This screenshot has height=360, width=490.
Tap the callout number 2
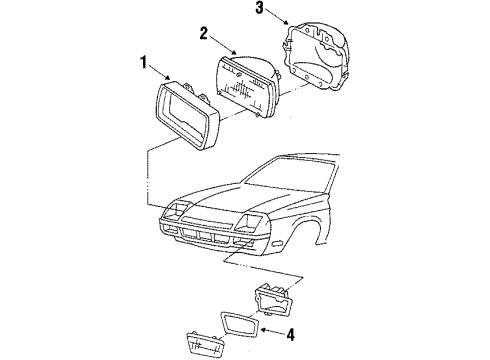point(204,34)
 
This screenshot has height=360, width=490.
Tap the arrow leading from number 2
point(222,45)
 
